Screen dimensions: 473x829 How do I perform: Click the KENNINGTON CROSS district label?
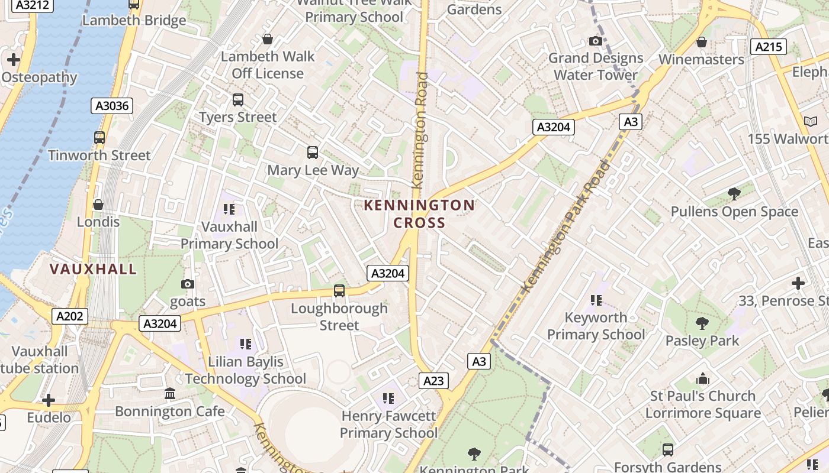[x=419, y=213]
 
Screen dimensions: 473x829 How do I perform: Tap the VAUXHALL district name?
[x=94, y=269]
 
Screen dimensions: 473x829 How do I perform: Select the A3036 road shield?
[x=112, y=106]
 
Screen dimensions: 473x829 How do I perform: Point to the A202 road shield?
[x=70, y=316]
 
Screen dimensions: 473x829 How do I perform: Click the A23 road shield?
[x=433, y=381]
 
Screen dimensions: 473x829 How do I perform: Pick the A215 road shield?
[x=768, y=47]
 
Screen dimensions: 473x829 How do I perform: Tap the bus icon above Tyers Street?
[x=238, y=100]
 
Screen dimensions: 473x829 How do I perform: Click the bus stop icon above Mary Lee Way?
[x=313, y=153]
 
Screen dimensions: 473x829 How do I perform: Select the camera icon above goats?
[x=188, y=284]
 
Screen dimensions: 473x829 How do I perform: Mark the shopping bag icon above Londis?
[x=98, y=205]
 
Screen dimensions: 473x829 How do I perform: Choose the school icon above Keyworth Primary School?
[x=596, y=300]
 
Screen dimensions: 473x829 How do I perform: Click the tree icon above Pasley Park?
[x=702, y=323]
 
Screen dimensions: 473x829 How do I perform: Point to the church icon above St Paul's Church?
[x=703, y=378]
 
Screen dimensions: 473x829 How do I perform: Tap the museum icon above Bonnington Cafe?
[x=170, y=394]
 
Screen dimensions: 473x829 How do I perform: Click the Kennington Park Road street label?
[x=566, y=226]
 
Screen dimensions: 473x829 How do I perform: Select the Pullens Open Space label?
[x=734, y=212]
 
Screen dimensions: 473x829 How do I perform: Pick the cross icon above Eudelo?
[x=49, y=400]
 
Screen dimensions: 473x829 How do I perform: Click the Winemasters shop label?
[x=701, y=59]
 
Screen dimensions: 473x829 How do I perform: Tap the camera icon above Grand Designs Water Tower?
[x=596, y=41]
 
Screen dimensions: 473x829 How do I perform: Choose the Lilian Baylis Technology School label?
[x=246, y=370]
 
